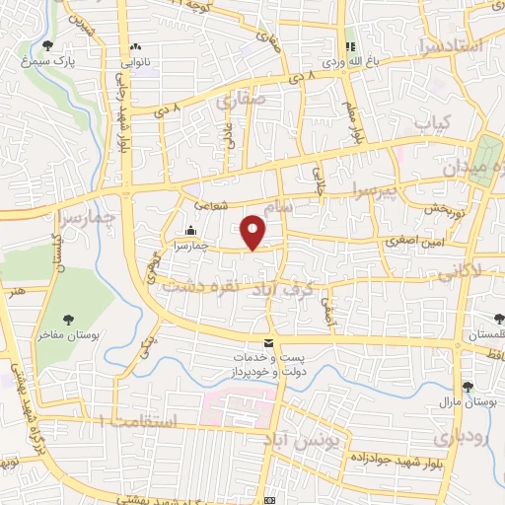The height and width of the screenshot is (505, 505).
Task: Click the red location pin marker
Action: (x=253, y=232)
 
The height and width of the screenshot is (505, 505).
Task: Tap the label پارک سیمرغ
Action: (x=48, y=61)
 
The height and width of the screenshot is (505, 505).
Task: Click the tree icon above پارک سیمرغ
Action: (x=48, y=44)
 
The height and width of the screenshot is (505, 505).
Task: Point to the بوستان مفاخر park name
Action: (x=68, y=335)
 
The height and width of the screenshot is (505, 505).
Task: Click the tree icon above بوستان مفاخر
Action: (x=68, y=319)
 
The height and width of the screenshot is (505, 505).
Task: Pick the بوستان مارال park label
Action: (x=468, y=402)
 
